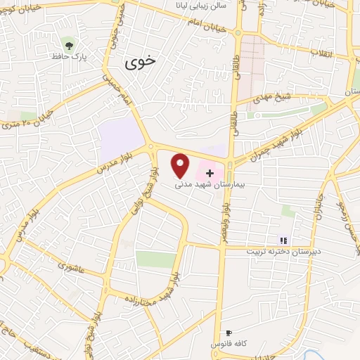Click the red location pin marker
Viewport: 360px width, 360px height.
coord(181,164)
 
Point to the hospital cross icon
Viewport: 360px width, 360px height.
coord(210,172)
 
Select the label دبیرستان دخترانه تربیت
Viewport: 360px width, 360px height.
coord(283,250)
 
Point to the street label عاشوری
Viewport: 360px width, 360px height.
coord(72,267)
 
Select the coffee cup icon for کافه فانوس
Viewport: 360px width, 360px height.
coord(228,333)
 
